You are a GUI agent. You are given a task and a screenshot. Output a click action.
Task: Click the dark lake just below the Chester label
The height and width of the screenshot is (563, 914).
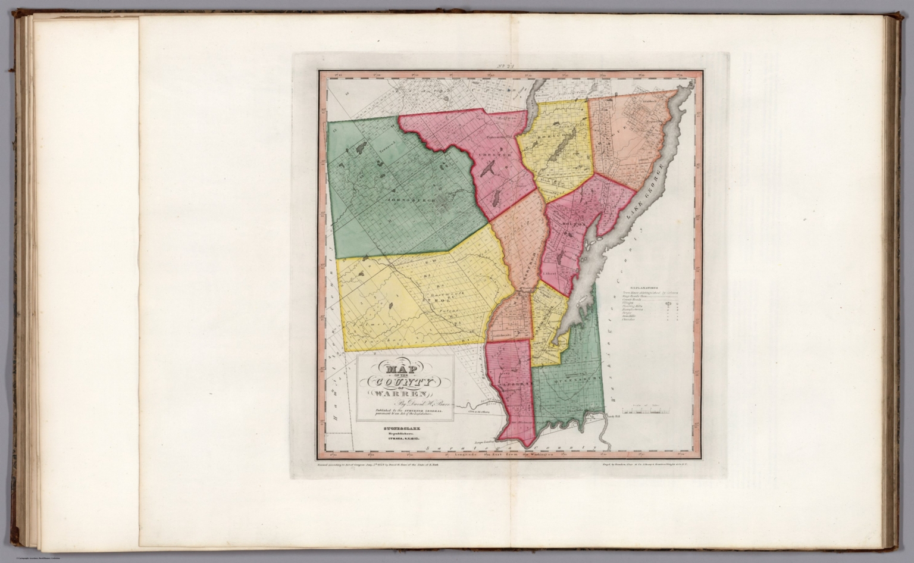(x=486, y=171)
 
